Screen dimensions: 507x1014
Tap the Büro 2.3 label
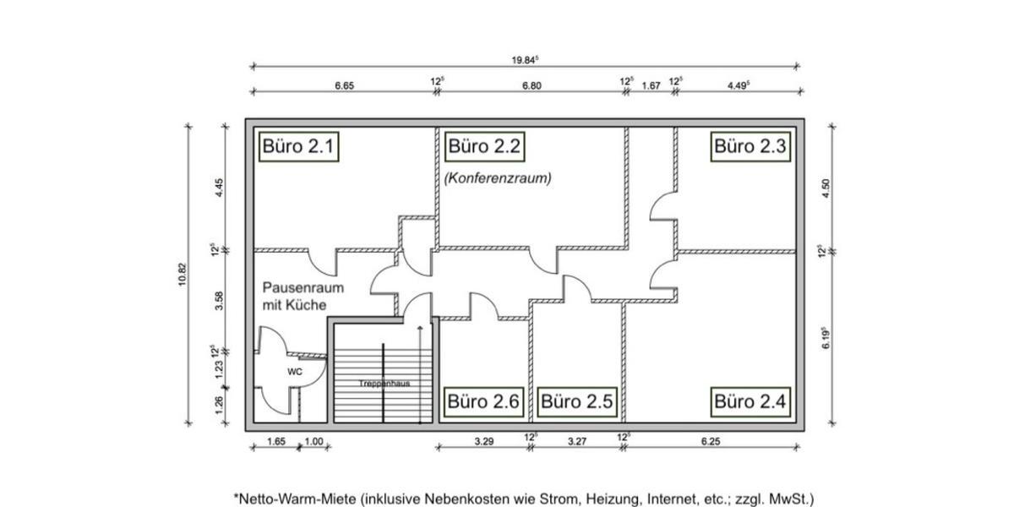pyautogui.click(x=750, y=146)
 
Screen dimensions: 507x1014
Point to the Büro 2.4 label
pyautogui.click(x=750, y=401)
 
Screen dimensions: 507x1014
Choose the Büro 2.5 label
pyautogui.click(x=577, y=401)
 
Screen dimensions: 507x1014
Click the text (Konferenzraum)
pyautogui.click(x=498, y=178)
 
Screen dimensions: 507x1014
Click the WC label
pyautogui.click(x=294, y=372)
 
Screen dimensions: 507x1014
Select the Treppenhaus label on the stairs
pyautogui.click(x=384, y=384)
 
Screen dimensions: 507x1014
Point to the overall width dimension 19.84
pyautogui.click(x=525, y=60)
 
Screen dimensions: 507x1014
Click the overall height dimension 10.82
pyautogui.click(x=182, y=275)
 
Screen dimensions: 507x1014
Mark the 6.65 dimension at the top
pyautogui.click(x=344, y=84)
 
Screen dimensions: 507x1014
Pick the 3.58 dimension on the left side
pyautogui.click(x=219, y=301)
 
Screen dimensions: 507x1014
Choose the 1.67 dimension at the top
pyautogui.click(x=651, y=84)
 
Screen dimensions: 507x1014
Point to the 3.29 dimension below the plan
pyautogui.click(x=483, y=440)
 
